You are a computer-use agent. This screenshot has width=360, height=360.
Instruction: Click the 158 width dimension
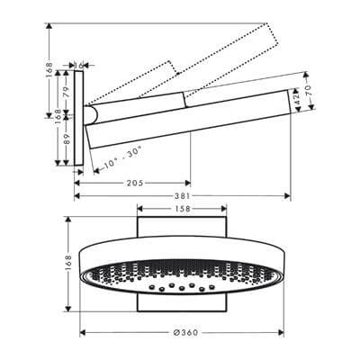(x=181, y=210)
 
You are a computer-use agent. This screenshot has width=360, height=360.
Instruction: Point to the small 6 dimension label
(x=82, y=65)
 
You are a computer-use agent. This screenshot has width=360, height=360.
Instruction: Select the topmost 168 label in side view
(x=50, y=70)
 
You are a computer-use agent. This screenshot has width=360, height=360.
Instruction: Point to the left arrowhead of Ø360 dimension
(x=81, y=329)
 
